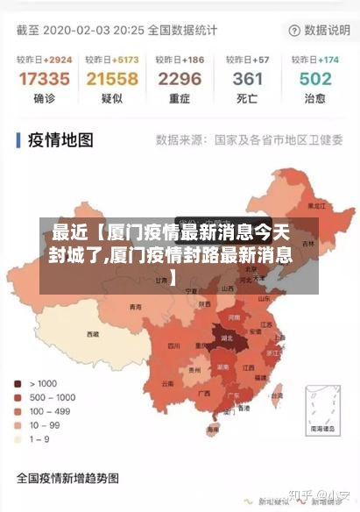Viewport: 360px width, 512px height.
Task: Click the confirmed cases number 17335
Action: click(x=43, y=79)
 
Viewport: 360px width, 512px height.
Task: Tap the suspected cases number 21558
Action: click(x=111, y=79)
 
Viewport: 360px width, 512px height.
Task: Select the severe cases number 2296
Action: click(x=180, y=79)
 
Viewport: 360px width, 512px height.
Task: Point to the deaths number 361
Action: click(x=248, y=79)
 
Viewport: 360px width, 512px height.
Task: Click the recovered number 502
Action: click(x=315, y=79)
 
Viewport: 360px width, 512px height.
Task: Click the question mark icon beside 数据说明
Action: click(x=293, y=30)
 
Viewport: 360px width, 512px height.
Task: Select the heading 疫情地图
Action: click(x=61, y=139)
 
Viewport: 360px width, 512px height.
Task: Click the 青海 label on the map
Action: click(x=135, y=307)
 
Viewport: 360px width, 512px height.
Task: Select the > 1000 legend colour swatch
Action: click(x=18, y=383)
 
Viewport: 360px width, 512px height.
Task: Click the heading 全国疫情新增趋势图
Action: click(x=67, y=479)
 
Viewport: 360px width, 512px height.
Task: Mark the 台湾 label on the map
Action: click(x=279, y=395)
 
